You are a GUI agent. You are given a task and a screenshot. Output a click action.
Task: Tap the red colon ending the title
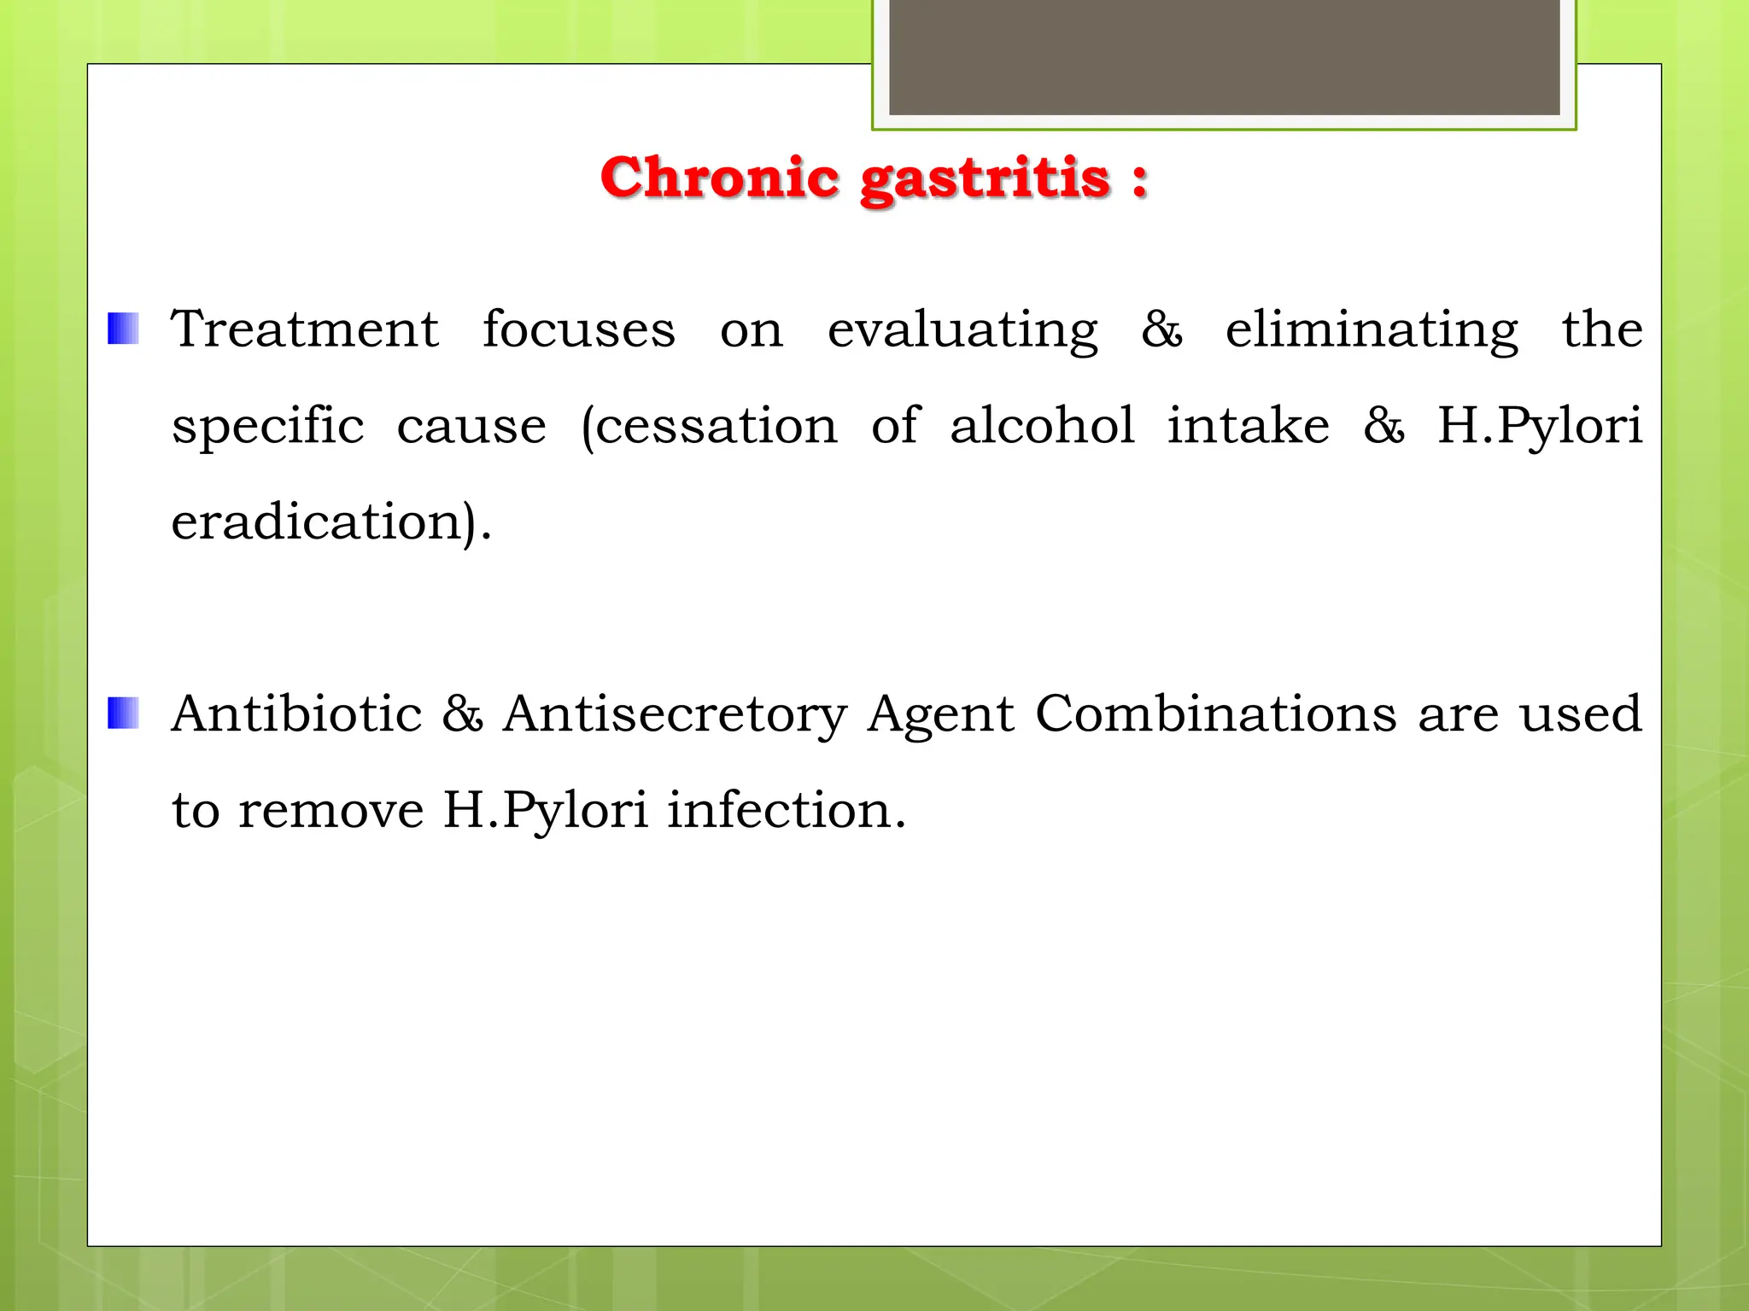(x=1139, y=181)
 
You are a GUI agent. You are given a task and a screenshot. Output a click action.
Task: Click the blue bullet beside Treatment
(x=123, y=329)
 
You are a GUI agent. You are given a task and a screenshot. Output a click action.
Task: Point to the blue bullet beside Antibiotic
(x=123, y=714)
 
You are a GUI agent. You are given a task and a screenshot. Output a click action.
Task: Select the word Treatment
(x=305, y=329)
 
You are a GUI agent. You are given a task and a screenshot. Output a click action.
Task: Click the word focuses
(x=578, y=329)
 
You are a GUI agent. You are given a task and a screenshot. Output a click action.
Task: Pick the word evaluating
(x=962, y=331)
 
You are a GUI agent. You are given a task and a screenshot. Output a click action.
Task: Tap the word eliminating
(x=1372, y=331)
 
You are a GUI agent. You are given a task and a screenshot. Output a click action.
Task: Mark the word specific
(x=267, y=427)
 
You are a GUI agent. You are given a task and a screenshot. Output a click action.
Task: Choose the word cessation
(x=716, y=426)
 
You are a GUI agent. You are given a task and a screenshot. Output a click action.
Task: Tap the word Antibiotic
(x=296, y=714)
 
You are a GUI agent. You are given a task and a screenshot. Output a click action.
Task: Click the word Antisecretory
(x=675, y=715)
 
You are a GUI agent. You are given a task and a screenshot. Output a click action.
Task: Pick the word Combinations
(x=1216, y=714)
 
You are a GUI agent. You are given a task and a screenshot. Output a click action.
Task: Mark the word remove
(x=330, y=810)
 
